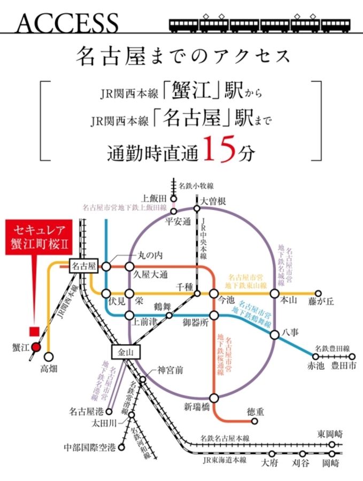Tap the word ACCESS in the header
click(67, 22)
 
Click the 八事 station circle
click(275, 335)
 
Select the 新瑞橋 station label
click(198, 408)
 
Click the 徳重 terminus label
click(256, 412)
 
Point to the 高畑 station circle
click(49, 356)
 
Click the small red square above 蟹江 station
click(36, 331)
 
